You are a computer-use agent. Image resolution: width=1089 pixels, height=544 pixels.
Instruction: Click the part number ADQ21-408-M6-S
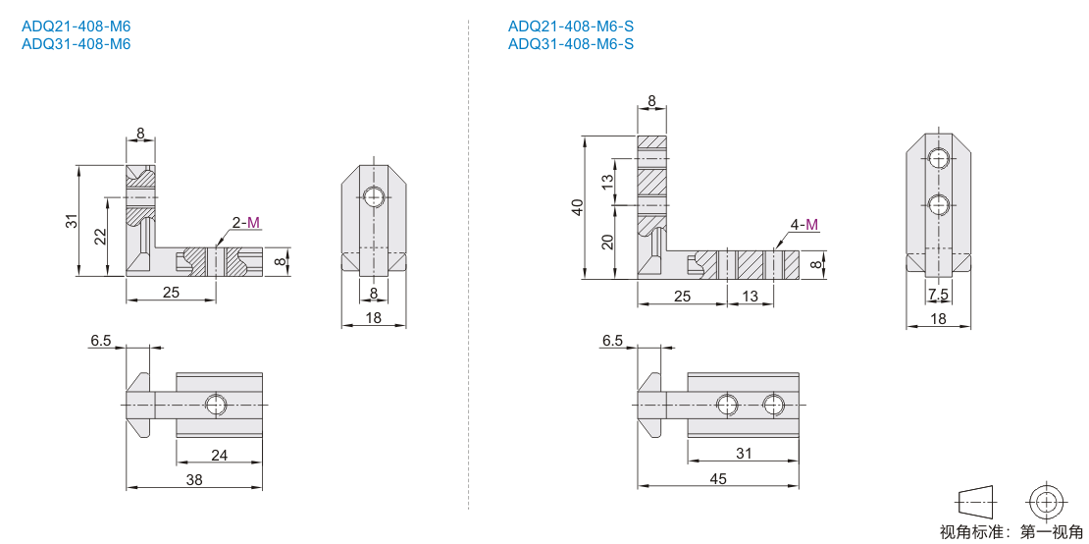coord(571,27)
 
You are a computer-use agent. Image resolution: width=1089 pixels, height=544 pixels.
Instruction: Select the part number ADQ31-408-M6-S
coord(571,44)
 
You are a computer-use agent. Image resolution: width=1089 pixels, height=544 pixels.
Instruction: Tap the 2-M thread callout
coord(246,222)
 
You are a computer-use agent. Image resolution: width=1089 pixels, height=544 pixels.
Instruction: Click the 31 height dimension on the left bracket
coord(69,220)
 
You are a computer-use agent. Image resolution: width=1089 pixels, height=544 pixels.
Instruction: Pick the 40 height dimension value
coord(575,207)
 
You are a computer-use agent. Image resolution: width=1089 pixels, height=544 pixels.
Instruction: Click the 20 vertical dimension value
coord(606,243)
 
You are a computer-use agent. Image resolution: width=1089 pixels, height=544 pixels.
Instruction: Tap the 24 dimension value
coord(220,455)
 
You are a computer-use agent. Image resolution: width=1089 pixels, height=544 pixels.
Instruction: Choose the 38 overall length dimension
coord(194,479)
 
